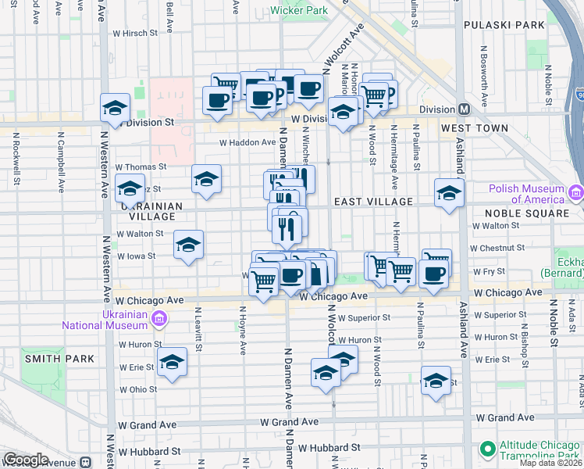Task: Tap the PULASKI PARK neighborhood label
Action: pos(504,25)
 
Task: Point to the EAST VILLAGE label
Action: pos(373,202)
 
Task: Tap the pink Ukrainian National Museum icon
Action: pos(159,319)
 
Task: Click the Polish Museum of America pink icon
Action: pos(576,192)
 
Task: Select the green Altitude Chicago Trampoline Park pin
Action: pos(488,449)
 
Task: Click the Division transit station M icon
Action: pos(464,109)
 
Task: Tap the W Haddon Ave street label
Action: pos(247,142)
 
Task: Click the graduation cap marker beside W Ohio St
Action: pos(172,363)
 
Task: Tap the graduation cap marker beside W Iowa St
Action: pos(188,245)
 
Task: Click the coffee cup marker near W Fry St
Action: pos(433,273)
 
